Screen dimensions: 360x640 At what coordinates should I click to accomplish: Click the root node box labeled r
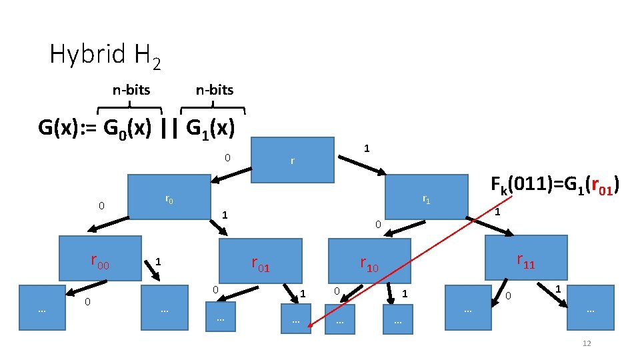click(292, 160)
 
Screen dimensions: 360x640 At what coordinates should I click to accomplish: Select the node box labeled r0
click(169, 197)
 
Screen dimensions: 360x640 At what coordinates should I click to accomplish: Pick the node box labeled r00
click(100, 258)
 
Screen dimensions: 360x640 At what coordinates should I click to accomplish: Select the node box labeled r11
click(526, 257)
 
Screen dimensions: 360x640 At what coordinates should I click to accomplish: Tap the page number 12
click(587, 343)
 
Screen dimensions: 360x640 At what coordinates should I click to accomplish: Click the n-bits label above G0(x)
click(131, 90)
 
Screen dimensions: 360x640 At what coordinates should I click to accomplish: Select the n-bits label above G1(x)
click(215, 90)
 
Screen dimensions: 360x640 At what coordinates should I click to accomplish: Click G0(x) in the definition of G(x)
click(123, 127)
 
